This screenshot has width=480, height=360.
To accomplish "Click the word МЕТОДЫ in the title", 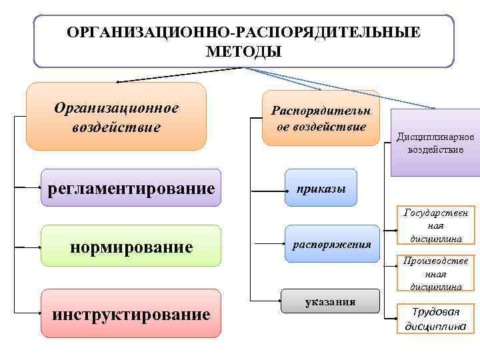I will tap(244, 51).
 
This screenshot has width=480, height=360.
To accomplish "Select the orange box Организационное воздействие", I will tap(116, 117).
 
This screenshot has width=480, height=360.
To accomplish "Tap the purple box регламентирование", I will tap(131, 188).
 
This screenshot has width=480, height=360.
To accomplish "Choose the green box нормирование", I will tap(131, 246).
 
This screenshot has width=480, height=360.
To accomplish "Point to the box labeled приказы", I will tap(321, 188).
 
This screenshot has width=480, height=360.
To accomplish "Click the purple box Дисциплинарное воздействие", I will tap(435, 142).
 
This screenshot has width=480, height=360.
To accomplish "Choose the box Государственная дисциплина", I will tap(435, 225).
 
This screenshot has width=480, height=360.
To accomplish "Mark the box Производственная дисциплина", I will tap(435, 273).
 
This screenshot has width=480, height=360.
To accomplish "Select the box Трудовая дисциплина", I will tap(435, 319).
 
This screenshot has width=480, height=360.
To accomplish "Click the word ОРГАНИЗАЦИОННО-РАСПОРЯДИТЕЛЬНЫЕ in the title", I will tap(244, 32).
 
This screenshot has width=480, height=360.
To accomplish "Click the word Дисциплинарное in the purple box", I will tap(435, 137).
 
